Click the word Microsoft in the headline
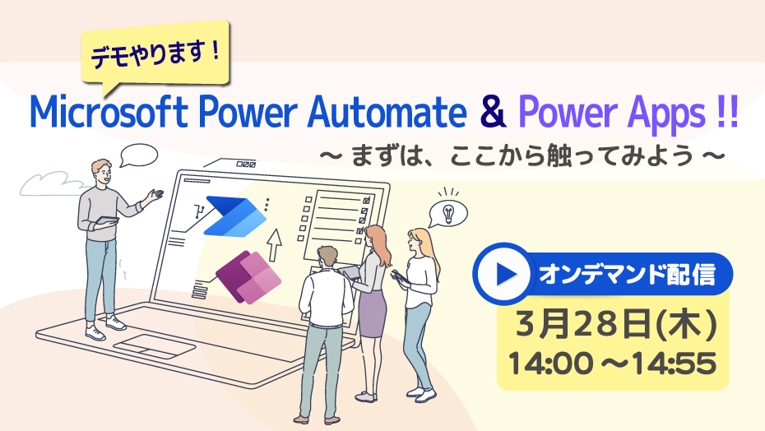(109, 112)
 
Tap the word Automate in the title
(387, 112)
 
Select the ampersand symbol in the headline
(493, 112)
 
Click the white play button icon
(504, 275)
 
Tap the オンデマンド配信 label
(627, 275)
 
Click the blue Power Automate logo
(235, 216)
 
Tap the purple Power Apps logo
(248, 276)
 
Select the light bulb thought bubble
(447, 213)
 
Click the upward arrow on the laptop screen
(275, 244)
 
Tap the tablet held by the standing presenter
(106, 220)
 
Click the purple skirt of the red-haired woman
(373, 312)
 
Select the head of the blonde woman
(419, 240)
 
